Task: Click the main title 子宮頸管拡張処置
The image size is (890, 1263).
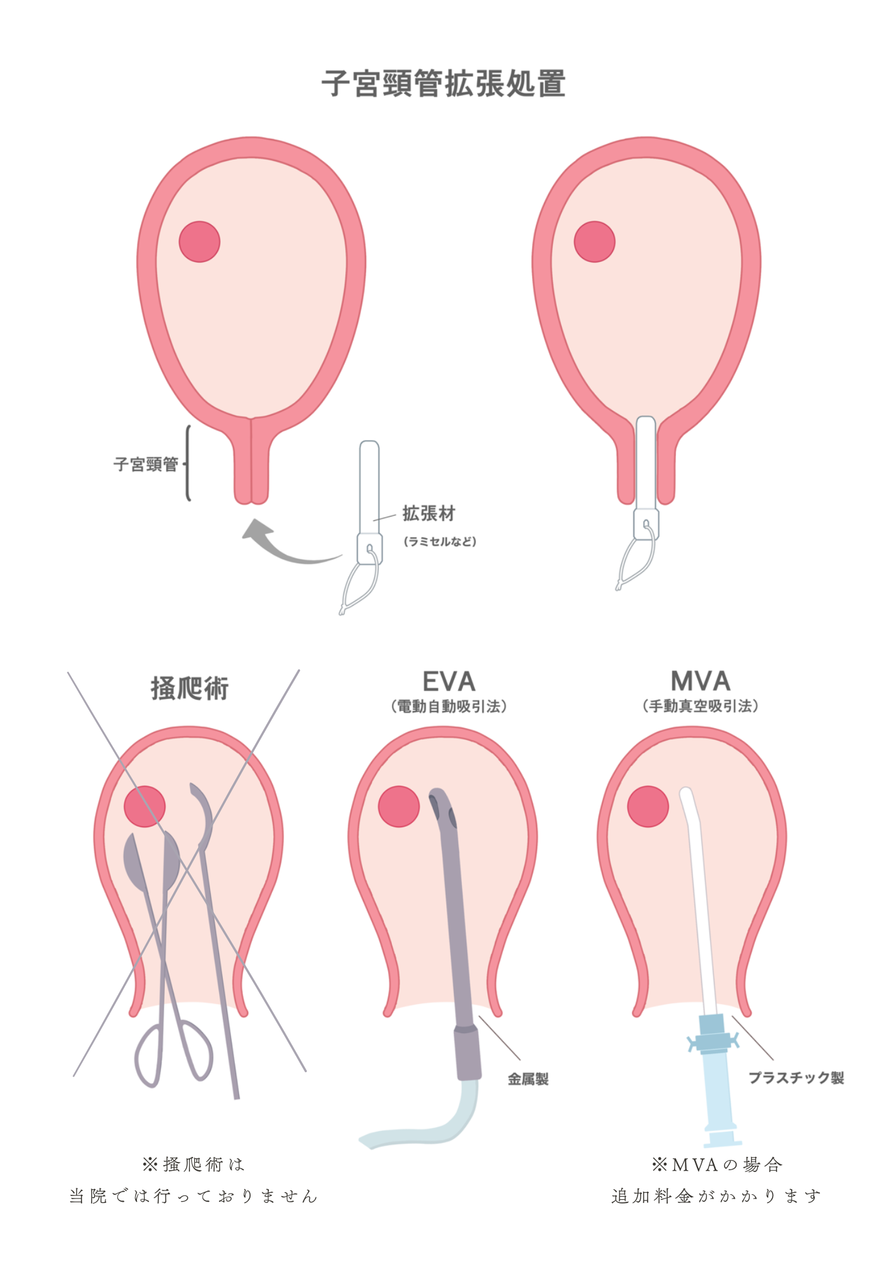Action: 444,84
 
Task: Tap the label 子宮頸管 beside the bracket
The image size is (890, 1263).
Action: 146,465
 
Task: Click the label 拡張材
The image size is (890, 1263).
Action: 429,514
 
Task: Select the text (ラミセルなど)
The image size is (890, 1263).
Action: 440,542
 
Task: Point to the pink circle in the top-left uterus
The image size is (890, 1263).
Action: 199,242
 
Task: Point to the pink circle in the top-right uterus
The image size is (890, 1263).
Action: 595,242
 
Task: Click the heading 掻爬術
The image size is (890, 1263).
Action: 189,688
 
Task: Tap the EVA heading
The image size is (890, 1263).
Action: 449,682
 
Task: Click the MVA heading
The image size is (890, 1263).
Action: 701,682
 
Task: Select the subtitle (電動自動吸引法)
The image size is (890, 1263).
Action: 449,707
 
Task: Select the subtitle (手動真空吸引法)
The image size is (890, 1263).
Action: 701,707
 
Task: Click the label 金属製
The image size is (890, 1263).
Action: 528,1079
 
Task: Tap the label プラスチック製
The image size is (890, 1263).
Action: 796,1078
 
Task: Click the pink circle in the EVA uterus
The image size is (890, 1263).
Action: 399,806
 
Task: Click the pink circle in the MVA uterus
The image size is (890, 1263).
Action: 648,806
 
